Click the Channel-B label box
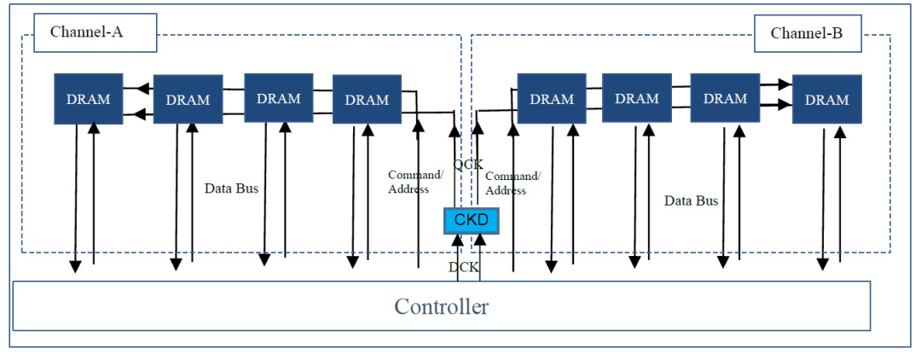(807, 34)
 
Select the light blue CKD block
(470, 221)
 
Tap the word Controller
(441, 306)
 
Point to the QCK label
(467, 163)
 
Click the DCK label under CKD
(464, 268)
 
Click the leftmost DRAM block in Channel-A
(89, 99)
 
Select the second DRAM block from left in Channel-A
(188, 100)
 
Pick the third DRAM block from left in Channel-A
(278, 98)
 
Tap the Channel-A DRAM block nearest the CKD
(367, 100)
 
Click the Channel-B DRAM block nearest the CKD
(552, 99)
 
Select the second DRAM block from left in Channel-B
(637, 98)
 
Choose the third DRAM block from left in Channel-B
(725, 98)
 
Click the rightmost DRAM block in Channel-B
(826, 100)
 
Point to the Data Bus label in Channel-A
(231, 189)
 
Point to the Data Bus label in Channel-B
(691, 201)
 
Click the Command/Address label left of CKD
(415, 182)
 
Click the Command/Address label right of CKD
(513, 183)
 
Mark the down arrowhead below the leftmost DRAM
(75, 266)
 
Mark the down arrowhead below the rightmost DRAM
(823, 264)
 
